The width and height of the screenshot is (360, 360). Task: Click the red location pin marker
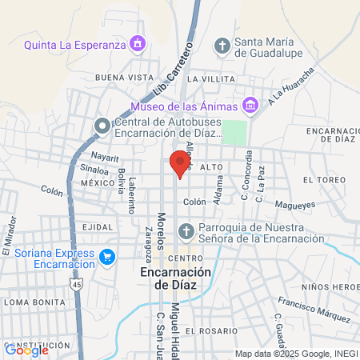click(181, 162)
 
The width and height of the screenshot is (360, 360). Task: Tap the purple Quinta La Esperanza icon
click(138, 42)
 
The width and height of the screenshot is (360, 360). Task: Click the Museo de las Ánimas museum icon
click(250, 106)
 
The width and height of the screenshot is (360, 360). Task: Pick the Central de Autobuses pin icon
click(102, 126)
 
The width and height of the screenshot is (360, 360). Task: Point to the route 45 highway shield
click(76, 284)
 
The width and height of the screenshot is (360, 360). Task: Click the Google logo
click(26, 350)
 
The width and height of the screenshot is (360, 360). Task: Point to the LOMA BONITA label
click(30, 302)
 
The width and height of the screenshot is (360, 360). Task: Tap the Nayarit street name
click(104, 157)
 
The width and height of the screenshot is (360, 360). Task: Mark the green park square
click(233, 132)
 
